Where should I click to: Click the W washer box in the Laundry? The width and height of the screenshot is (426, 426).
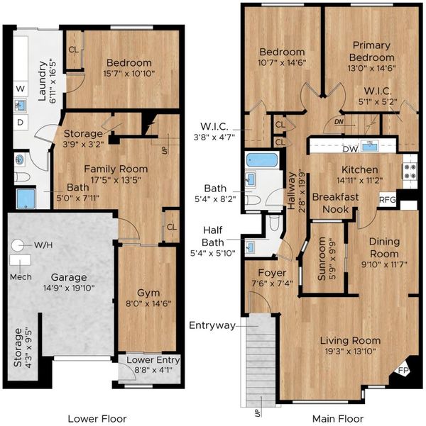click(x=21, y=89)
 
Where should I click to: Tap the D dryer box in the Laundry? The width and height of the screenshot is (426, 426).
click(x=21, y=122)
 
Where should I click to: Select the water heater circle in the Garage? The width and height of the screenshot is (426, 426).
click(x=18, y=245)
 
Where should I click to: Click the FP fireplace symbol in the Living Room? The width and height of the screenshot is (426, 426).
click(x=403, y=370)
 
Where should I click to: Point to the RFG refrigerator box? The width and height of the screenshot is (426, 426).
click(x=388, y=200)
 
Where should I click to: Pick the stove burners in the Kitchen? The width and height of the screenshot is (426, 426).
click(x=410, y=172)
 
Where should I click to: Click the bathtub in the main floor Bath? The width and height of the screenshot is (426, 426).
click(x=262, y=160)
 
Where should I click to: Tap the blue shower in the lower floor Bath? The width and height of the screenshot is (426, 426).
click(x=26, y=198)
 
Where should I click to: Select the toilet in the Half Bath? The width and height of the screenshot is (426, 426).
click(x=274, y=223)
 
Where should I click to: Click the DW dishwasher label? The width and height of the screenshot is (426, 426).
click(x=350, y=149)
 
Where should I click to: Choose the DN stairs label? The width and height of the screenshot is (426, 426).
click(x=339, y=122)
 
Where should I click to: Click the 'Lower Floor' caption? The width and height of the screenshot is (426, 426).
click(x=97, y=419)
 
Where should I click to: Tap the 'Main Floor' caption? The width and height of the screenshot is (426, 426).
click(x=338, y=419)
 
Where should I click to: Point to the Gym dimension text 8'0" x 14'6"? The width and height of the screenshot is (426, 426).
click(x=148, y=303)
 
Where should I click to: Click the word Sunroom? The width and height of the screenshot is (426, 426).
click(x=322, y=259)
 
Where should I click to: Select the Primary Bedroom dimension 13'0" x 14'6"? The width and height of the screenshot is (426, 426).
click(x=371, y=68)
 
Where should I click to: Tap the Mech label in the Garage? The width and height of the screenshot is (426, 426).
click(x=21, y=277)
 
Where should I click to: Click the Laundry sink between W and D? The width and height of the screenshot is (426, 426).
click(x=21, y=105)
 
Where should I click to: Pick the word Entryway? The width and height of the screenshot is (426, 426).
click(x=212, y=325)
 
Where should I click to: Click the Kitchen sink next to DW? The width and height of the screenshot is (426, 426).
click(x=369, y=146)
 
